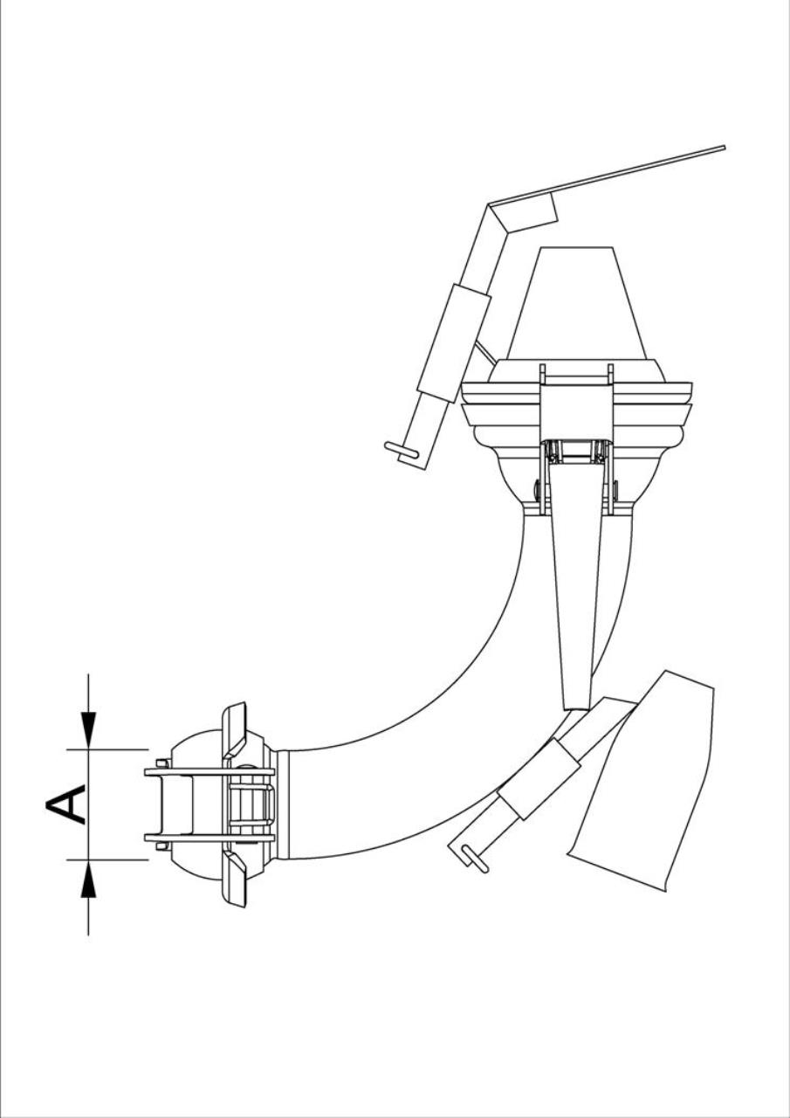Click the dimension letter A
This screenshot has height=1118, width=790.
(65, 804)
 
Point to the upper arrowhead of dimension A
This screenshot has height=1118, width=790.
(88, 731)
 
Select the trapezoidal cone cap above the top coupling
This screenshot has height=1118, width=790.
(576, 303)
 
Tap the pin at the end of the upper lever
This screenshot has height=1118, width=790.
(402, 450)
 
